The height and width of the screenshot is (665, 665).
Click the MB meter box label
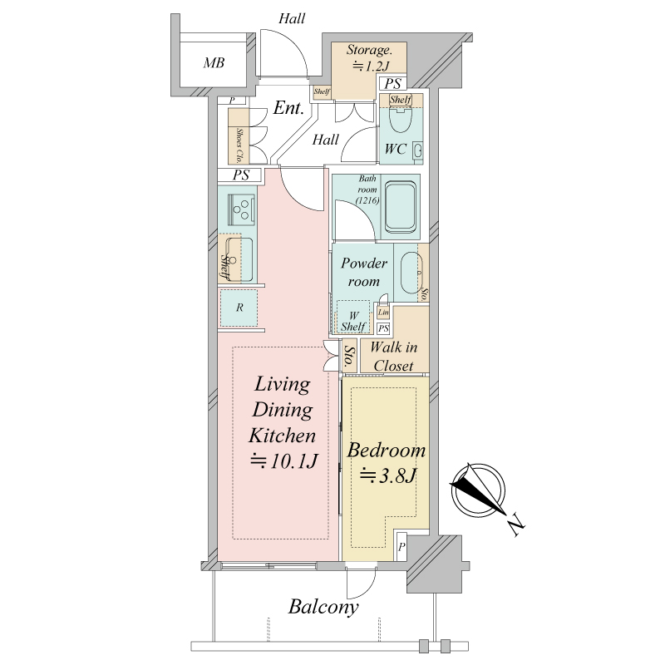tap(214, 63)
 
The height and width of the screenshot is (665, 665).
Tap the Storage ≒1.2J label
tap(368, 57)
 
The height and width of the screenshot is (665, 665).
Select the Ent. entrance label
tap(288, 108)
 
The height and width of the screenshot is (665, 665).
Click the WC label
tap(396, 149)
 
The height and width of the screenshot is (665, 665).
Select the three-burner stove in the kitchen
tap(241, 209)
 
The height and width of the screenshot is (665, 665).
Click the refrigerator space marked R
tap(239, 308)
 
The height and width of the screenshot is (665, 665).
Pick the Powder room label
tap(364, 273)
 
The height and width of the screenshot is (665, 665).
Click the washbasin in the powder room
tap(411, 273)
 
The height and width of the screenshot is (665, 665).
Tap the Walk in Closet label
tap(393, 357)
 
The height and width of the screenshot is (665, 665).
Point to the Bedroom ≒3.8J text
tap(386, 464)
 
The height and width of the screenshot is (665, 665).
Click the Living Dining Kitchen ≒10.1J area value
tap(283, 461)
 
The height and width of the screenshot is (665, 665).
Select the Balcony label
tap(323, 607)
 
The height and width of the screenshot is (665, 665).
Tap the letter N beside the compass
tap(516, 524)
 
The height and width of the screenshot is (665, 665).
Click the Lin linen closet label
tap(383, 313)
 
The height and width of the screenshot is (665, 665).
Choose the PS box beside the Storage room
tap(392, 84)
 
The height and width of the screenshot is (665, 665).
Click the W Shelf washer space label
tap(353, 322)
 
